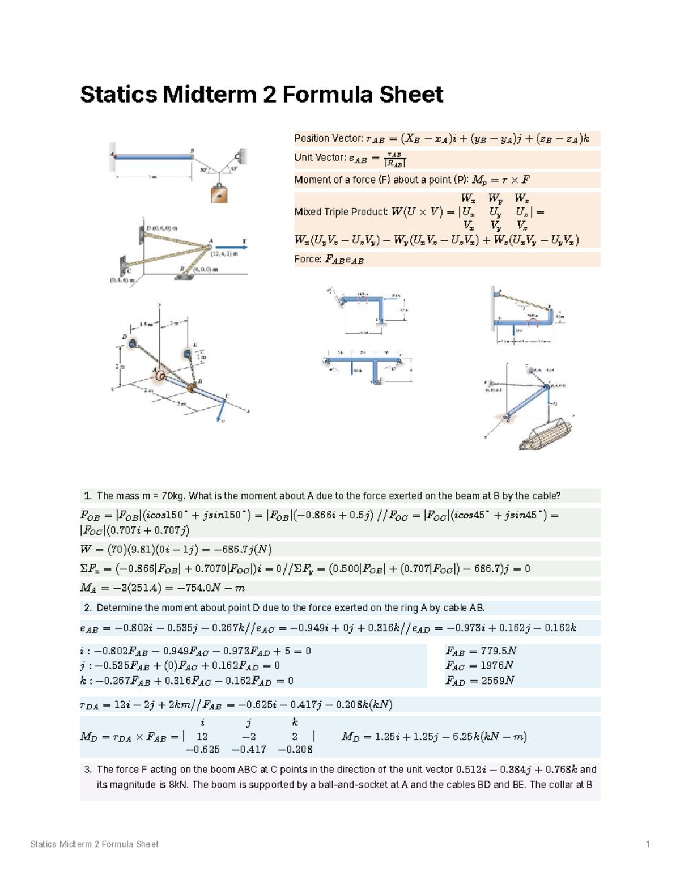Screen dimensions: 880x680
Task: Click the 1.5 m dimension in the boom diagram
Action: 146,325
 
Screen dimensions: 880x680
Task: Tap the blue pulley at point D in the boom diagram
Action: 132,343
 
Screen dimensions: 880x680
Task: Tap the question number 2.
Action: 87,608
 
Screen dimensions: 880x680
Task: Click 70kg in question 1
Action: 173,496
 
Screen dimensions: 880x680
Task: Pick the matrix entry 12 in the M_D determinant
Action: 202,737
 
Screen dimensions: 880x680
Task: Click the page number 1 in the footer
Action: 648,844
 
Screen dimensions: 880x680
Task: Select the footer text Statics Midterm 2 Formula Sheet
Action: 94,844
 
